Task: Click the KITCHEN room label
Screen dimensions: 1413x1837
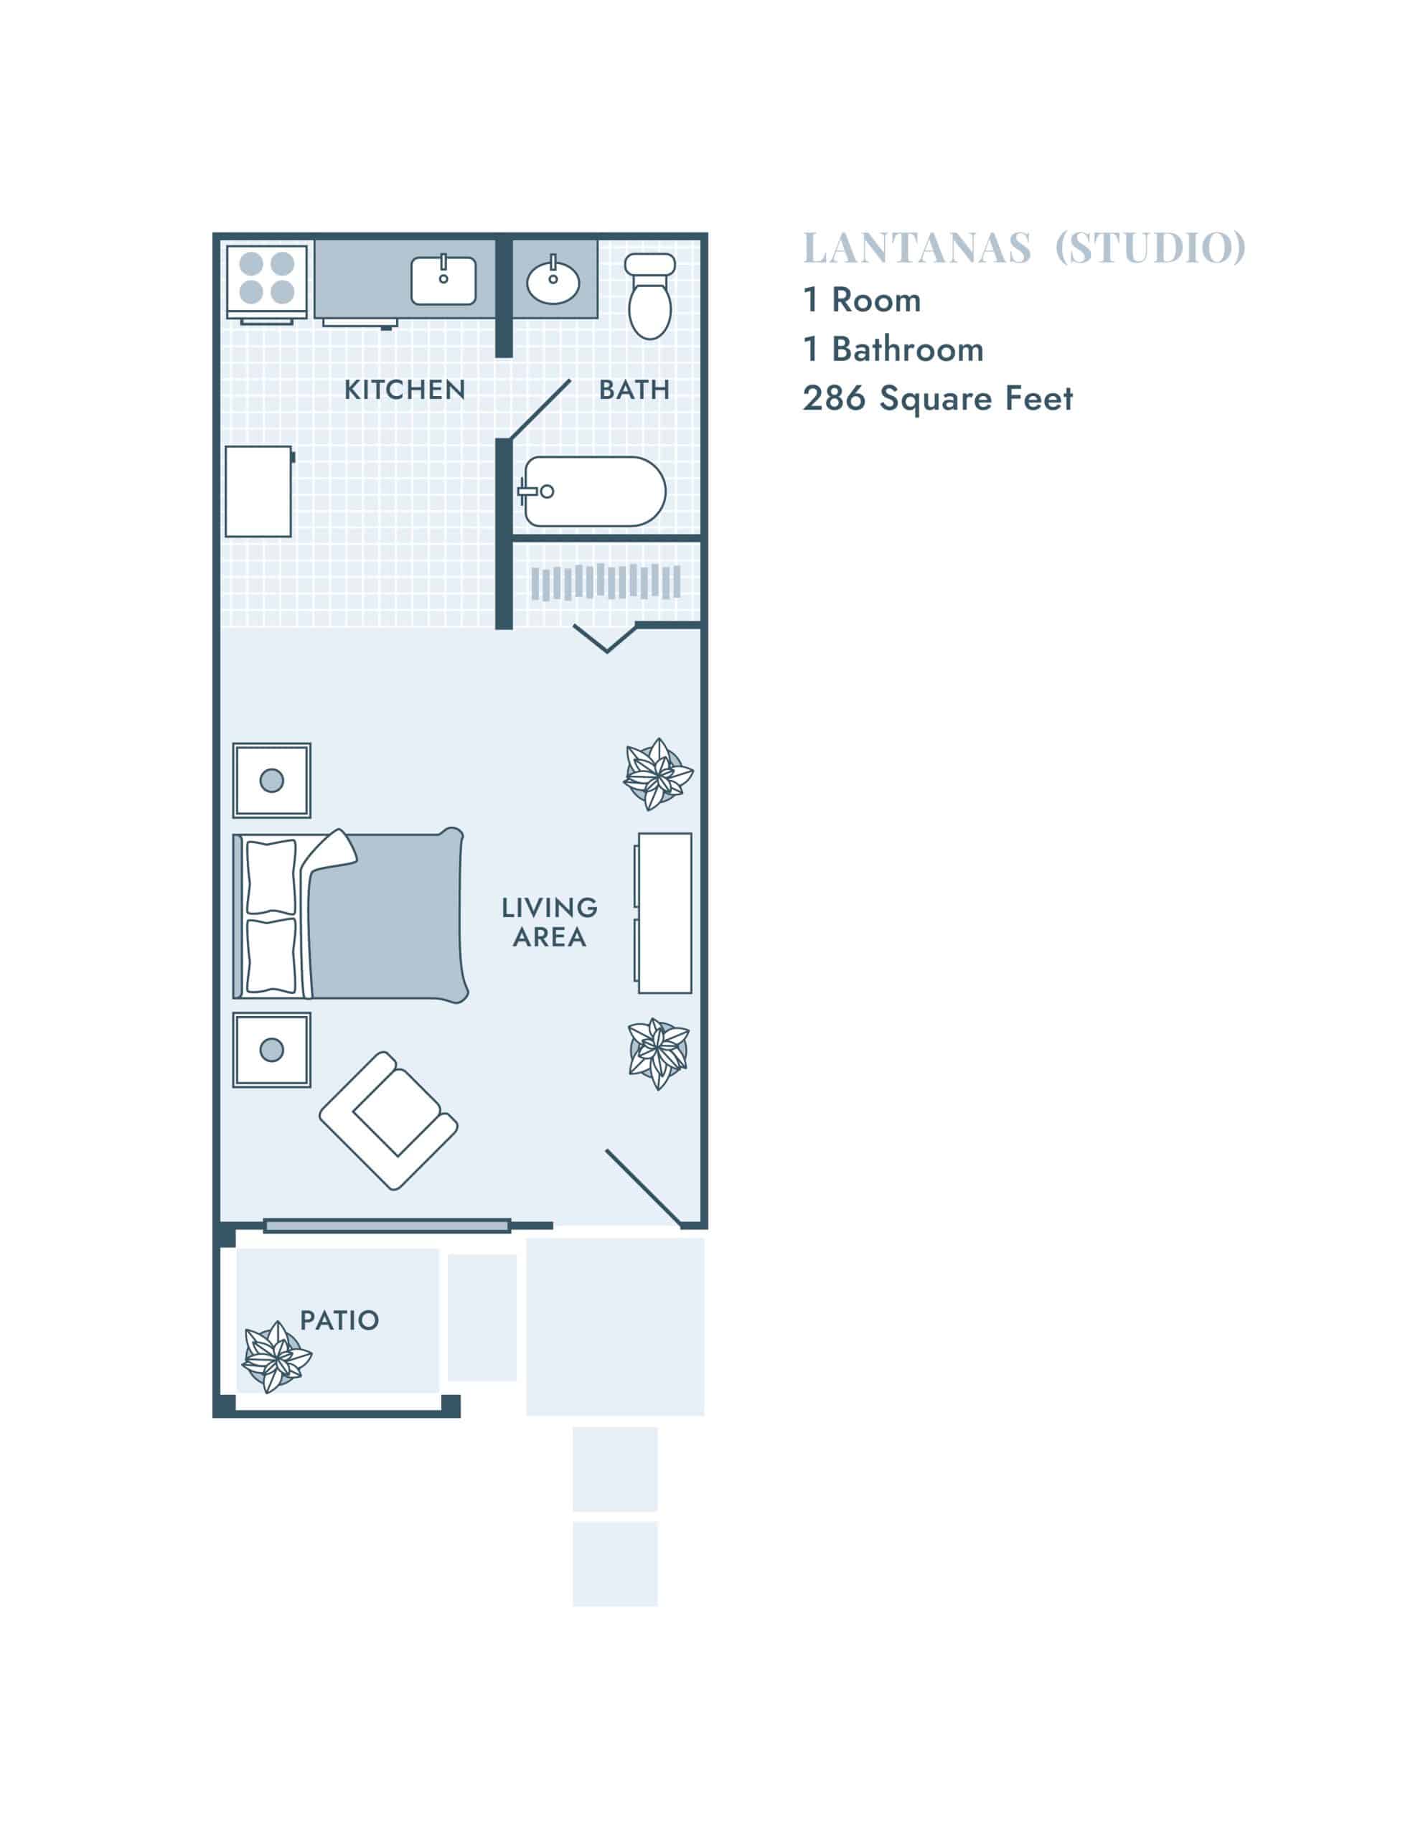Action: click(x=405, y=390)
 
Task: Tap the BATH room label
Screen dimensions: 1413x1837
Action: click(x=634, y=390)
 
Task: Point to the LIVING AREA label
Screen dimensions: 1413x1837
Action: click(x=549, y=922)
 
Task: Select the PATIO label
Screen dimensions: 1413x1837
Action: click(x=339, y=1320)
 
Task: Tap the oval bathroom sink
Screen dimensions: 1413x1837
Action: click(x=553, y=281)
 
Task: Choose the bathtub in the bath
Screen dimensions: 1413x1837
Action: click(x=592, y=492)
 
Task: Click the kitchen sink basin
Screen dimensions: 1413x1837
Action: click(x=443, y=280)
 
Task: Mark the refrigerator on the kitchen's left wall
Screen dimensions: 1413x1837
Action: click(x=259, y=492)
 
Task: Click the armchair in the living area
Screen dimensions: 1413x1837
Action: click(x=388, y=1120)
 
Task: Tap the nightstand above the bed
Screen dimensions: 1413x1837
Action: click(x=272, y=781)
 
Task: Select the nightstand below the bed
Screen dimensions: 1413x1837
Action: click(x=272, y=1050)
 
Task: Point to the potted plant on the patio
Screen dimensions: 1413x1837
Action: click(x=276, y=1357)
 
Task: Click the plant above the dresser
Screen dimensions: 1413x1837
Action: click(x=658, y=774)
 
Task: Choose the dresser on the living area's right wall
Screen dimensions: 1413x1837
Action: click(x=664, y=913)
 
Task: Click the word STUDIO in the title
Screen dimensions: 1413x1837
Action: click(x=1150, y=248)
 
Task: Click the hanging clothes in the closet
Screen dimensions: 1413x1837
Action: click(x=606, y=582)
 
